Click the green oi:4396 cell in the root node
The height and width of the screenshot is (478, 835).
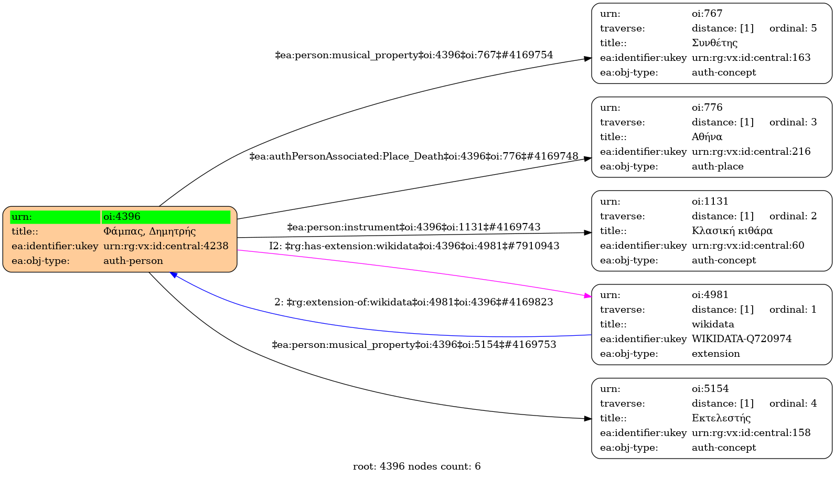tap(166, 217)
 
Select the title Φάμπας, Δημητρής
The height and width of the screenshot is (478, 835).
tap(149, 231)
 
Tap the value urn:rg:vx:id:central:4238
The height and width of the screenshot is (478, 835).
tap(166, 246)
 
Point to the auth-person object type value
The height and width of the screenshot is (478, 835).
tap(133, 261)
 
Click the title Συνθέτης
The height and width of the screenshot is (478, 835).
tap(714, 43)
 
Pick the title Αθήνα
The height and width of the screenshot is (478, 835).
tap(707, 137)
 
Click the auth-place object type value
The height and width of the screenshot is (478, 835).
tap(718, 166)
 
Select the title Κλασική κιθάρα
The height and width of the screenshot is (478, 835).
tap(732, 231)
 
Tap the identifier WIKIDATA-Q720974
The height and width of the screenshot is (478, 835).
tap(742, 339)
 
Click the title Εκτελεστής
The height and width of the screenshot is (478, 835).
tap(721, 418)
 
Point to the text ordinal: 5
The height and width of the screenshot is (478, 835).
tap(793, 28)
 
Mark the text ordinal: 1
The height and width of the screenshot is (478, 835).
tap(793, 310)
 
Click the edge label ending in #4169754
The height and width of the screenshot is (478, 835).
tap(414, 55)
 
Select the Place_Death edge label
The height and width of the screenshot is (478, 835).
tap(414, 156)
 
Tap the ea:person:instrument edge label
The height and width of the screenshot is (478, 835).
tap(414, 227)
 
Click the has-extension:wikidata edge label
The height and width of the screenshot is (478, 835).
tap(414, 246)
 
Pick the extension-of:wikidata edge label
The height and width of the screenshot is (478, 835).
tap(414, 302)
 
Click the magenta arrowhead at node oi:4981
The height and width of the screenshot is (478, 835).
tap(587, 296)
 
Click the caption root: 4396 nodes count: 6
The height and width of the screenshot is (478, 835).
tap(417, 466)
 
